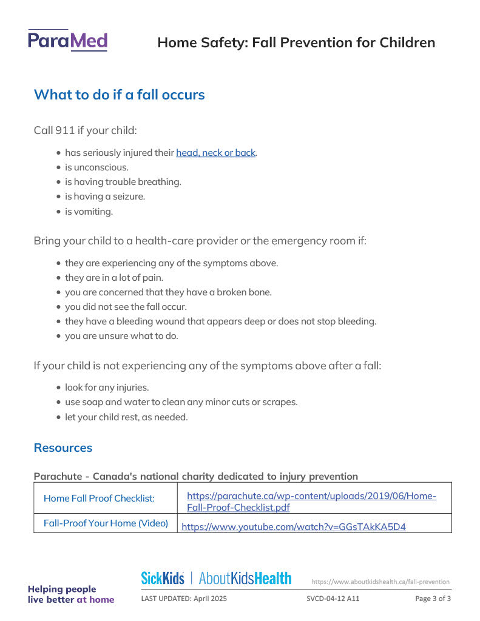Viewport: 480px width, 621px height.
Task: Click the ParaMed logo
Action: coord(67,41)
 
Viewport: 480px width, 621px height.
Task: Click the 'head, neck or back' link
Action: coord(216,153)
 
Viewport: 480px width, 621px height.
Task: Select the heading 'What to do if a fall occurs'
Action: coord(119,95)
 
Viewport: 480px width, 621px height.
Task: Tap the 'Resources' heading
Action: coord(63,448)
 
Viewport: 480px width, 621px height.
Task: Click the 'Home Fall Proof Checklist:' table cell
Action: coord(99,498)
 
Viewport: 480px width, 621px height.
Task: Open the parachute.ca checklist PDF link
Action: coord(311,502)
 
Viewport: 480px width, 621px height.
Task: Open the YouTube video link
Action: coord(294,526)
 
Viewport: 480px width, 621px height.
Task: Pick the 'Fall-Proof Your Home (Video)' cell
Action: coord(106,523)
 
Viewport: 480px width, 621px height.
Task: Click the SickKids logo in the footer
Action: coord(163,579)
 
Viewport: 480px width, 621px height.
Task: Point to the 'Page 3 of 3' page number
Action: coord(433,599)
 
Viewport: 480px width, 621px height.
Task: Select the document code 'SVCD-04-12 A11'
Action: coord(333,599)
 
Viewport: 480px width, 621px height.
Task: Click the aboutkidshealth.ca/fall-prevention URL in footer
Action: coord(380,582)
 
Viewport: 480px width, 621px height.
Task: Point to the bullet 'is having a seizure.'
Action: coord(105,196)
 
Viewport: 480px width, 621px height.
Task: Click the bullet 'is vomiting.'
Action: coord(89,212)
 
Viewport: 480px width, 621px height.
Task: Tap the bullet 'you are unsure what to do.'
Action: coord(121,336)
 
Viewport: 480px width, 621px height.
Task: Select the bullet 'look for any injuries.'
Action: coord(107,388)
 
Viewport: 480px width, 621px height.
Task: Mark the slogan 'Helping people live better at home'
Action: coord(70,594)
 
